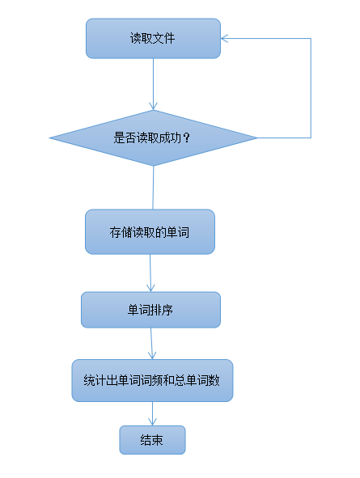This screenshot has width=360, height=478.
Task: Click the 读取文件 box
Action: pos(153,38)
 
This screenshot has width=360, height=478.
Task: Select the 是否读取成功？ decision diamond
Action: pos(153,137)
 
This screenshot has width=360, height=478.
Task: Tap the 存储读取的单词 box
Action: pos(150,231)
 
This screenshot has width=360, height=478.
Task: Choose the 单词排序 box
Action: pos(150,310)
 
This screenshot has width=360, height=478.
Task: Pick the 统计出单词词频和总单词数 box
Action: pos(152,380)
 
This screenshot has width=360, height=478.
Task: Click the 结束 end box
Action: pos(152,440)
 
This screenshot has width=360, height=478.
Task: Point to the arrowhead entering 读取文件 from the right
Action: pos(224,38)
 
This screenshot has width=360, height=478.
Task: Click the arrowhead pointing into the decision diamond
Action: pos(154,107)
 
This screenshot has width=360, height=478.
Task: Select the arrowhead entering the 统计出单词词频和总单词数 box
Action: pos(152,356)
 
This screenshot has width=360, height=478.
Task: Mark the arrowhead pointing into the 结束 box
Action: pos(152,422)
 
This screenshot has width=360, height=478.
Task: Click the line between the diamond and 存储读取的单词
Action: pos(153,188)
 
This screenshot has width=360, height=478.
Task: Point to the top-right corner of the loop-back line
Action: pos(311,38)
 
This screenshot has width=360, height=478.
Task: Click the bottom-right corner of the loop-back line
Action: pos(311,137)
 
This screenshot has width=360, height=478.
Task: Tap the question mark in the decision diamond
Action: pos(187,138)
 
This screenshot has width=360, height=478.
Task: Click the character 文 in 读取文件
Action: pos(159,38)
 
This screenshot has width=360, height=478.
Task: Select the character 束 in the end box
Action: pos(158,440)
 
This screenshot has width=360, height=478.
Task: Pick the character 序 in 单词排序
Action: pos(167,310)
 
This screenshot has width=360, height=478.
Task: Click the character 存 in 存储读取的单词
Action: pos(115,232)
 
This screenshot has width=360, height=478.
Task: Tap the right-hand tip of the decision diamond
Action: pos(257,137)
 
